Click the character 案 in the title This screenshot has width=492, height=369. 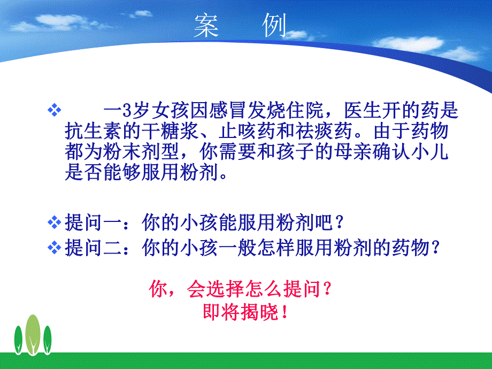click(x=206, y=26)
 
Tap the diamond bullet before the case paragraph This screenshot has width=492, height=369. click(x=53, y=111)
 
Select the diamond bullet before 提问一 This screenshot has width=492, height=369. click(x=53, y=221)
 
